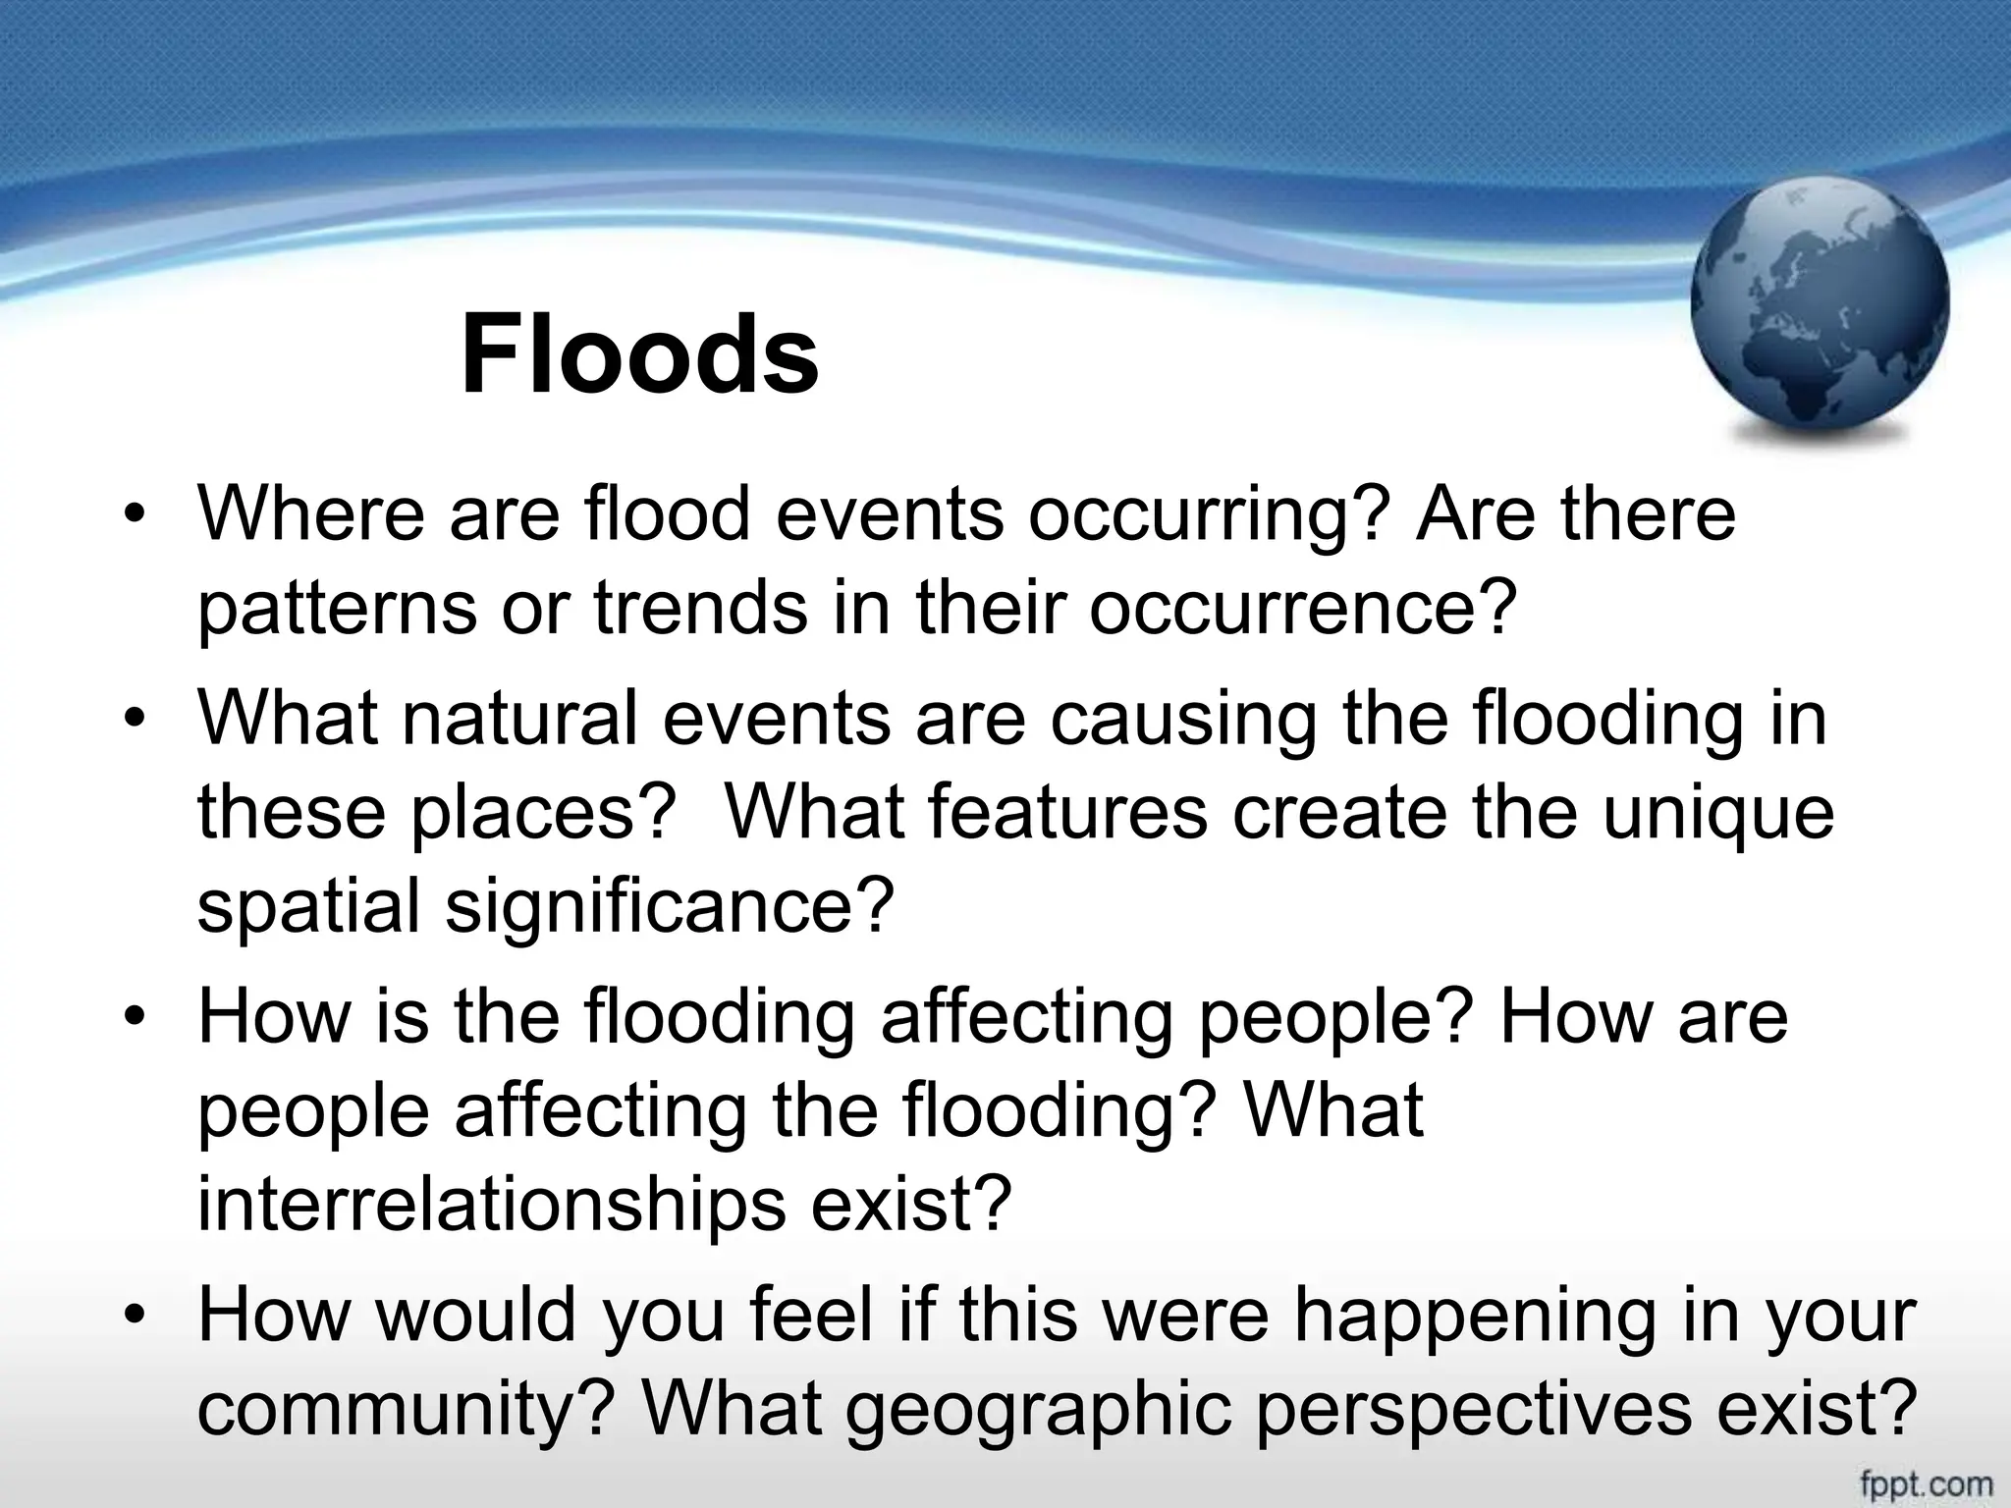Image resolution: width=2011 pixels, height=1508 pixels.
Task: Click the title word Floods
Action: pos(639,354)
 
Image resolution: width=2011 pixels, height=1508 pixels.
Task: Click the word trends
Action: pos(700,607)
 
